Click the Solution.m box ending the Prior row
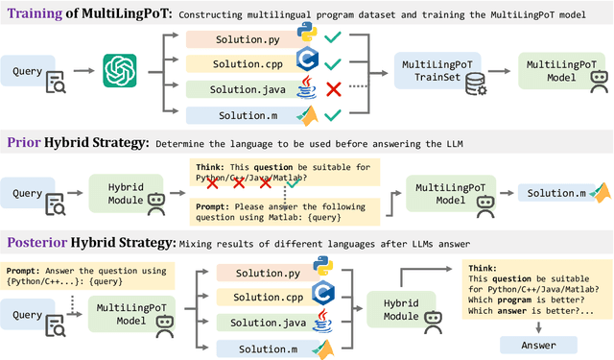click(557, 193)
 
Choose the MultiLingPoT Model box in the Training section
click(558, 70)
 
